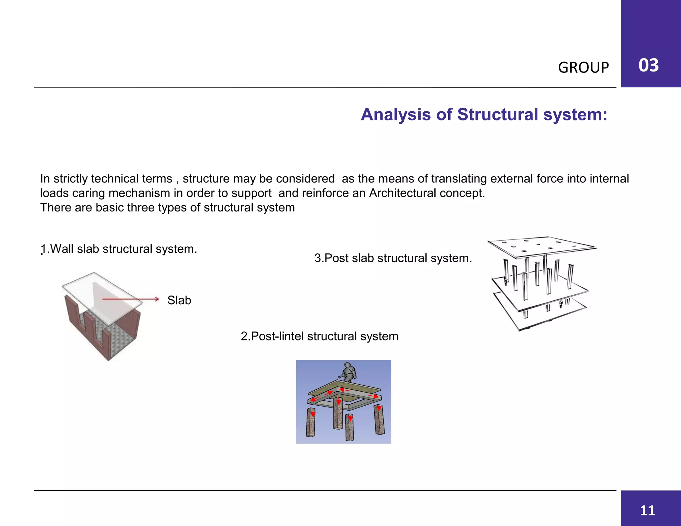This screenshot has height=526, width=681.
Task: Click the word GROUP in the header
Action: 583,67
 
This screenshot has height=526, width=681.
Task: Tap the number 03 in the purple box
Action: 648,65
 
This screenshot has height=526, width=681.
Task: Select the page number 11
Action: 647,510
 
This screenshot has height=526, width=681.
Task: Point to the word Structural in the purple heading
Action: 498,115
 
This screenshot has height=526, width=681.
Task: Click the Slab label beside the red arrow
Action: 179,300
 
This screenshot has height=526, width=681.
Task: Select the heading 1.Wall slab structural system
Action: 119,249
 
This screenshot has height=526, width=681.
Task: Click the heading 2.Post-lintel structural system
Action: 319,336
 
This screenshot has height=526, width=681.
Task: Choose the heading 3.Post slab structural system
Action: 393,258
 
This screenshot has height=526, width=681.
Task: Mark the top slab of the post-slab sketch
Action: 542,247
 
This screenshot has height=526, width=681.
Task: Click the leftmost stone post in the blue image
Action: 311,422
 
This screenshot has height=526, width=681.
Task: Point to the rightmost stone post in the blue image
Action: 379,420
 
